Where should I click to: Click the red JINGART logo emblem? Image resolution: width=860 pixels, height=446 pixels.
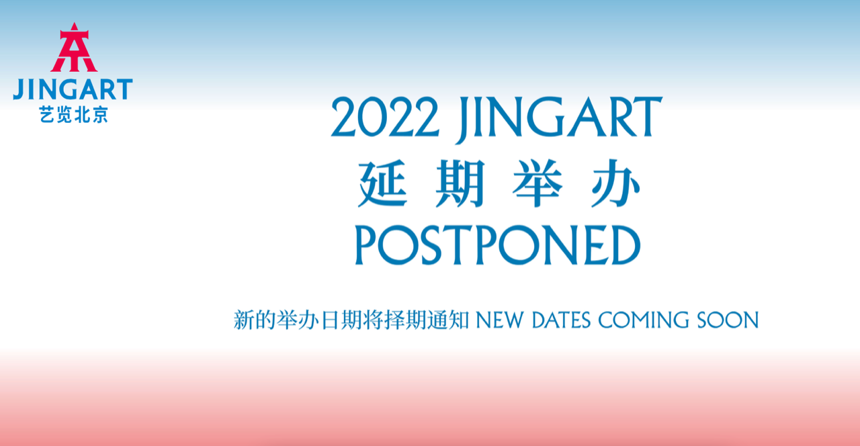pyautogui.click(x=73, y=48)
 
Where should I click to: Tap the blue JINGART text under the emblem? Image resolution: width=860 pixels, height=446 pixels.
pyautogui.click(x=73, y=89)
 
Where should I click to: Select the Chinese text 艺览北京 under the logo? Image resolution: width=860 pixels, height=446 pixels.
pyautogui.click(x=73, y=115)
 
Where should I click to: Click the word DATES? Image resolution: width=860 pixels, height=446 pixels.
pyautogui.click(x=561, y=320)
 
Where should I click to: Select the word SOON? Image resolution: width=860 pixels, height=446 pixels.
pyautogui.click(x=728, y=320)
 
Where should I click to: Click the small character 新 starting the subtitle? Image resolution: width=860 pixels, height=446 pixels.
pyautogui.click(x=242, y=320)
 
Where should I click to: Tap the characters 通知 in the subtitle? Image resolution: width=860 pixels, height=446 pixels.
pyautogui.click(x=451, y=320)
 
